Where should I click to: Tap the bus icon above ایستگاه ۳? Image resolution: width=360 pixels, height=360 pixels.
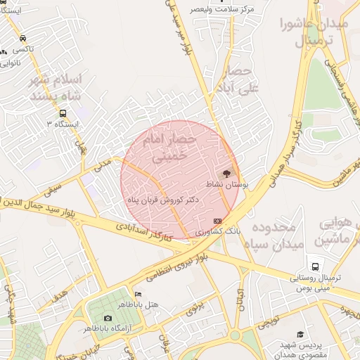point(63,113)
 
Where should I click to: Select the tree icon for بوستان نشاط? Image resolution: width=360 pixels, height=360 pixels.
point(226,172)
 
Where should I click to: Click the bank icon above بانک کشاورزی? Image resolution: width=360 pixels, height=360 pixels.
point(217,221)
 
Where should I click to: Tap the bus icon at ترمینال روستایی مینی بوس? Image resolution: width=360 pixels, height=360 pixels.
point(316,267)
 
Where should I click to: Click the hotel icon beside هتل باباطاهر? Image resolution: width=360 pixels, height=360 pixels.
point(138,294)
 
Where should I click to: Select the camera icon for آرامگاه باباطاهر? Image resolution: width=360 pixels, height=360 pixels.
point(108,318)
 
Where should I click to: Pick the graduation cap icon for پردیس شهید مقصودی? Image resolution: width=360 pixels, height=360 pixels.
point(300,335)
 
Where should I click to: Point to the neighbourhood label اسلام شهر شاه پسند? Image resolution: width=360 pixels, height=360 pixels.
point(56,87)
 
